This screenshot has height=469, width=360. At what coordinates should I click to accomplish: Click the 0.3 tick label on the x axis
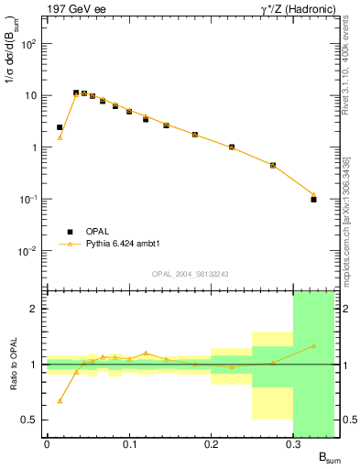coord(293,444)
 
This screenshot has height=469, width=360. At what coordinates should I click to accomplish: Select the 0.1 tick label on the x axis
coord(129,444)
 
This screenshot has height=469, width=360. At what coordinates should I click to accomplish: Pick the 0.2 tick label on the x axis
coord(211,444)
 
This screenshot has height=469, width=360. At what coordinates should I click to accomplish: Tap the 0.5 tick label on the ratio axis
coord(30,420)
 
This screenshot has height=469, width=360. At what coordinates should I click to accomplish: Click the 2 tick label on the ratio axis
coord(35,309)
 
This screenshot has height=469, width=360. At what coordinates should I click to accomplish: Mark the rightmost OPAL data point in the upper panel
coord(313,199)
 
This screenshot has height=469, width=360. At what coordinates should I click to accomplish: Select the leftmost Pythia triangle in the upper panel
coord(60,137)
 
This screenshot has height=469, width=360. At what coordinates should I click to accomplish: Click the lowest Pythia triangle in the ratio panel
coord(60,400)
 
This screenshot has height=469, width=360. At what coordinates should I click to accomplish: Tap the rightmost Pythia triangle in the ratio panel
coord(313,345)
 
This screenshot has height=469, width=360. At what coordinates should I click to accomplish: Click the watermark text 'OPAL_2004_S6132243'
coord(191,273)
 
